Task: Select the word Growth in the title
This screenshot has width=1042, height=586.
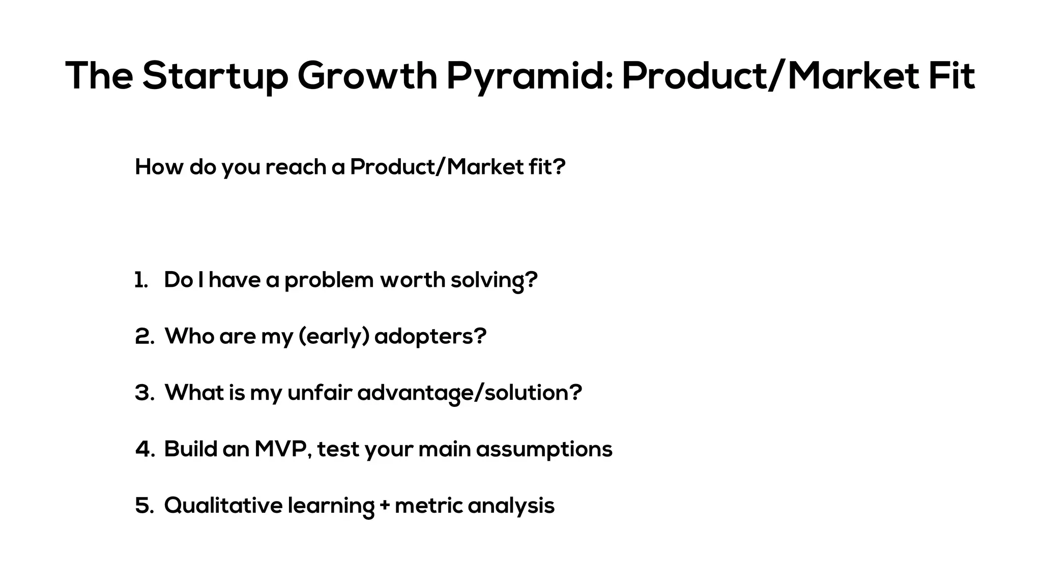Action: click(x=367, y=76)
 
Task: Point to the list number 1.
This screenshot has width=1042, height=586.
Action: click(x=141, y=280)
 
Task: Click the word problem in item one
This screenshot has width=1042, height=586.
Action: click(x=329, y=280)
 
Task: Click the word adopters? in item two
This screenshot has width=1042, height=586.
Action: click(x=430, y=337)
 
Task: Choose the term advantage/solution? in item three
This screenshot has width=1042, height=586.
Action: click(x=469, y=393)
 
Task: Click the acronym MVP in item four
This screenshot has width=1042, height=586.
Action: click(x=282, y=449)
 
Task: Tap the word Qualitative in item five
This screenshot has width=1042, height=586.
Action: click(x=223, y=506)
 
